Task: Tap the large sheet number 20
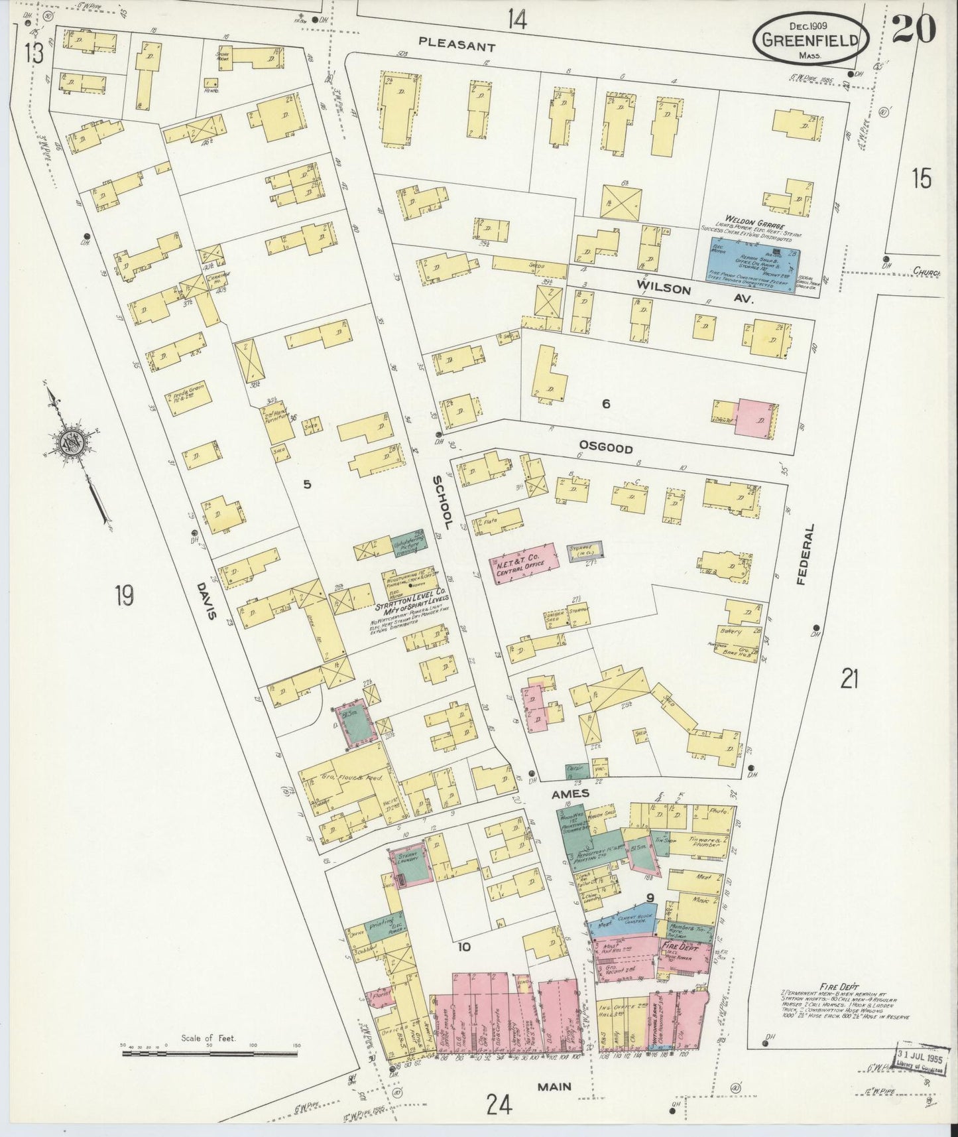[x=913, y=29]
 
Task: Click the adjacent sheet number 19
[x=123, y=595]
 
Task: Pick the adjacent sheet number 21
[x=849, y=679]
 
